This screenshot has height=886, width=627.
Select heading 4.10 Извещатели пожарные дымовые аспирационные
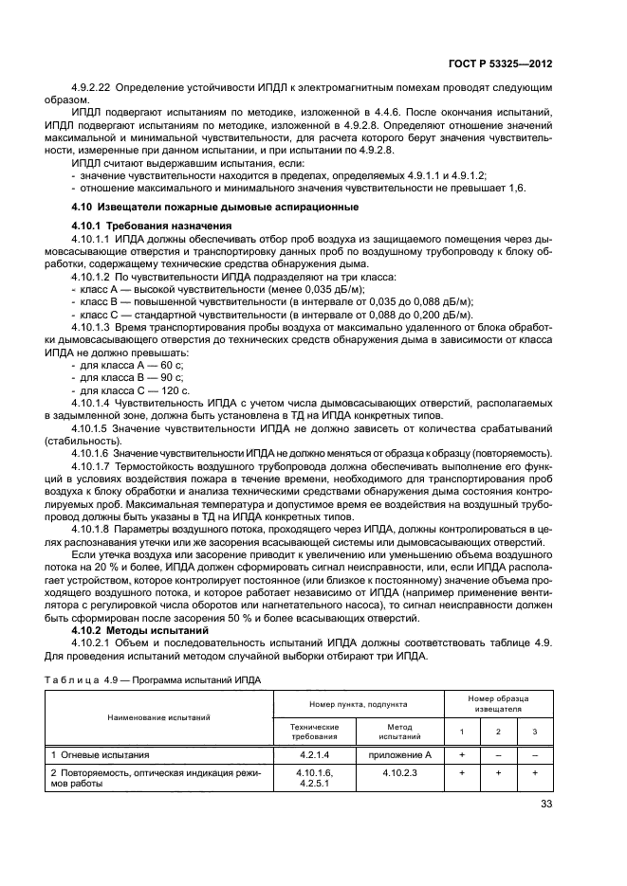[x=215, y=207]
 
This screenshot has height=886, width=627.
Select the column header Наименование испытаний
[x=159, y=717]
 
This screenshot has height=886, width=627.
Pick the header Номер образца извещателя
[x=497, y=703]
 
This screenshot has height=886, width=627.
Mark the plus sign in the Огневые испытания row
[x=462, y=755]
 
